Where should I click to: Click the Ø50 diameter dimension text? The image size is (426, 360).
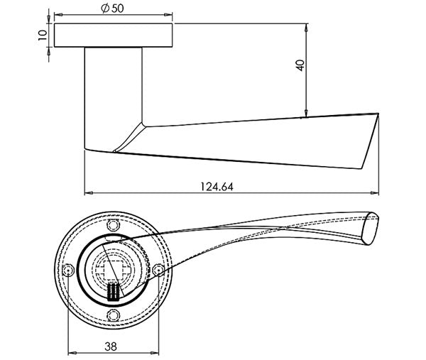point(112,8)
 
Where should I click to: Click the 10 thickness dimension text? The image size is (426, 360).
point(43,35)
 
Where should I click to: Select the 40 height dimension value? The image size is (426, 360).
point(300,65)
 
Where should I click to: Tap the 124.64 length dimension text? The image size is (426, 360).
point(217,187)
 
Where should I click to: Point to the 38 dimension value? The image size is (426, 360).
point(111,347)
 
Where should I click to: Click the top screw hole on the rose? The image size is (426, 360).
point(114,225)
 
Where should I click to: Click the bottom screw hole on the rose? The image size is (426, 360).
point(114,315)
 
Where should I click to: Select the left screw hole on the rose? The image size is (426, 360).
point(68,271)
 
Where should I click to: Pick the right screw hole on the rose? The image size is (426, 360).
point(158,271)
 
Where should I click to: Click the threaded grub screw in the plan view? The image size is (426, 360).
point(114,292)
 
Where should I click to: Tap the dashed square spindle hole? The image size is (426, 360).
point(114,271)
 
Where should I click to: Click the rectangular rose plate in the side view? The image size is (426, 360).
point(114,36)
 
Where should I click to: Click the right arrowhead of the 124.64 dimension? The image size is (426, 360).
point(375,193)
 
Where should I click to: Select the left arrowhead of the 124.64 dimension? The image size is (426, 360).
point(89,193)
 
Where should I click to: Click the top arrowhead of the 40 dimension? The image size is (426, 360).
point(307,28)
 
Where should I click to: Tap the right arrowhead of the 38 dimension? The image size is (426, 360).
point(155,353)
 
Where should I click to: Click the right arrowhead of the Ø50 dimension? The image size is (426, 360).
point(168,14)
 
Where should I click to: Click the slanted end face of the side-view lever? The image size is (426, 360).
point(371,141)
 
